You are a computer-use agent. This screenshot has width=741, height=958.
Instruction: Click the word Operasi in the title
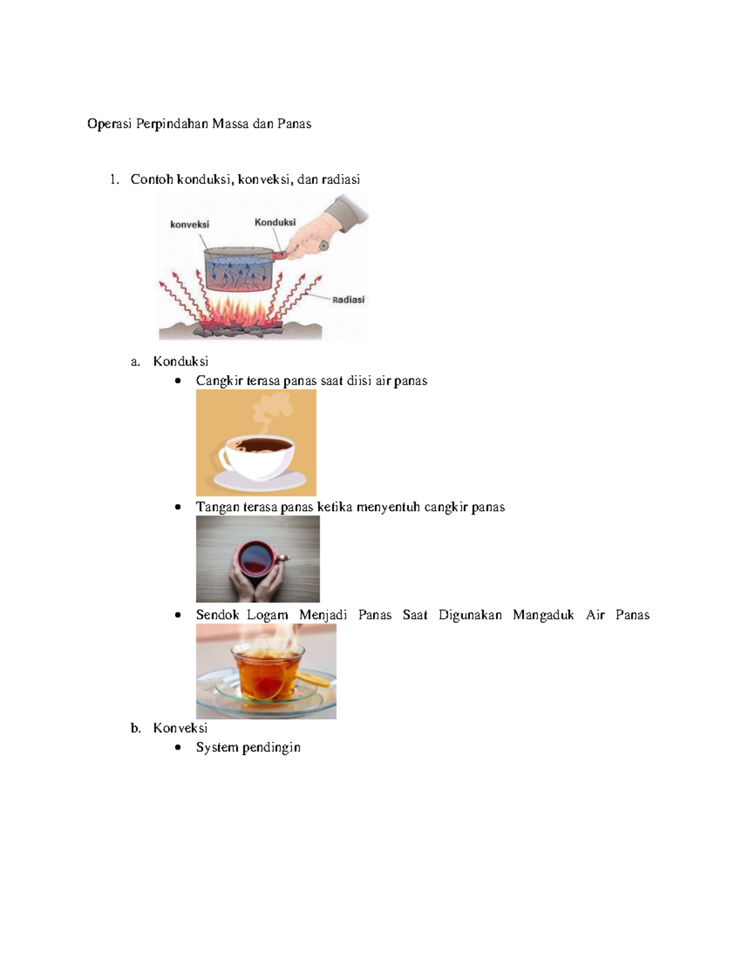(109, 124)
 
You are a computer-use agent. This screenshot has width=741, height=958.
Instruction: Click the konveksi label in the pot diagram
(190, 225)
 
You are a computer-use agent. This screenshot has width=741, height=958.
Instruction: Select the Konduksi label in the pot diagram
(275, 222)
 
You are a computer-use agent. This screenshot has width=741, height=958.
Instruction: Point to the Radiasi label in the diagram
(349, 300)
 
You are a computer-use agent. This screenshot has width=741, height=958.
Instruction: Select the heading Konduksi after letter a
(180, 361)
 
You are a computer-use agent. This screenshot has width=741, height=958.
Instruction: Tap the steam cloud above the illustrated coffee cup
(272, 408)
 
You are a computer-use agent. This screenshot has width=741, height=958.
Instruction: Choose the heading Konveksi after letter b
(180, 728)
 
